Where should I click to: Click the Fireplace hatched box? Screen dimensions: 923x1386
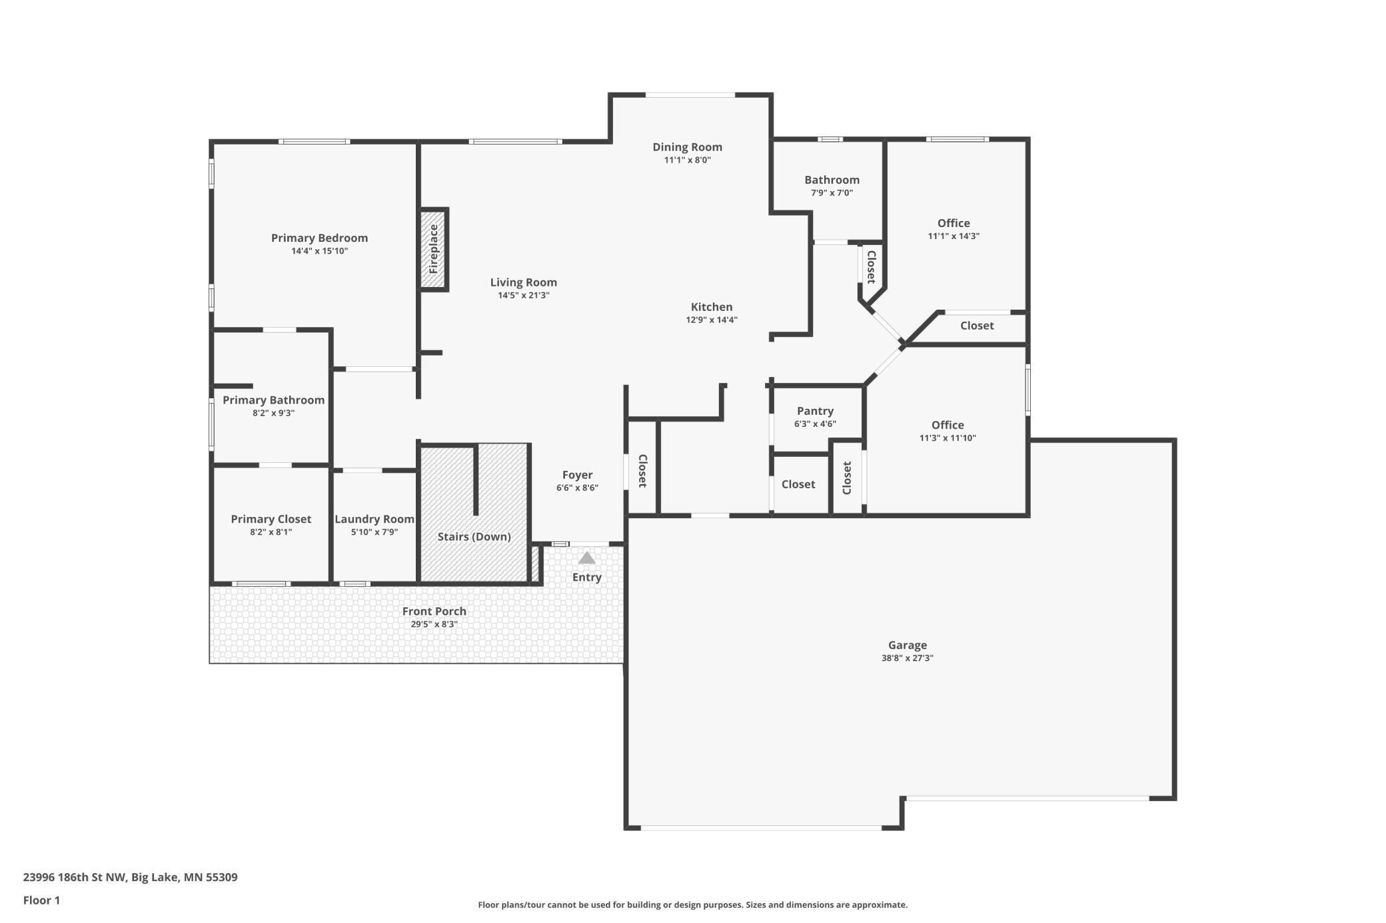(433, 249)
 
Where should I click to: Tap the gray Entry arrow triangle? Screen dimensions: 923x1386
(586, 558)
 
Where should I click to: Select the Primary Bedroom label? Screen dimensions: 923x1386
(319, 238)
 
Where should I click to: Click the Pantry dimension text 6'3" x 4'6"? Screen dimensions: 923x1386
(815, 424)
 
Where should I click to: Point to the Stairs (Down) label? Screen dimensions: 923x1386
(474, 537)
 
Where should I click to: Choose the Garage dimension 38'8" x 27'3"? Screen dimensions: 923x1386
(907, 658)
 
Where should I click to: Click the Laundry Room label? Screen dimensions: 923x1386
(374, 519)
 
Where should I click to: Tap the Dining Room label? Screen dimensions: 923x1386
(687, 147)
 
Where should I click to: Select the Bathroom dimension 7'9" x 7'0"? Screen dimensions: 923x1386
(832, 193)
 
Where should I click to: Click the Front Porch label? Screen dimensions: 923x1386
(434, 611)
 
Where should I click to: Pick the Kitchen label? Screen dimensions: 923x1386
(711, 307)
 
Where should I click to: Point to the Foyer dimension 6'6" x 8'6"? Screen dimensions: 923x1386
(577, 488)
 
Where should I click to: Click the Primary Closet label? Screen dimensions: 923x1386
(271, 519)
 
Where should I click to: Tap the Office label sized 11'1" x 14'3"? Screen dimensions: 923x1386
(954, 223)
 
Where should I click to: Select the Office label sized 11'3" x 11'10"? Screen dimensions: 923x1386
(948, 425)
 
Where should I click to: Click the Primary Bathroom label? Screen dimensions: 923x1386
(273, 400)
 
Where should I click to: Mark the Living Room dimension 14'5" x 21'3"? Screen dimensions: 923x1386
(523, 296)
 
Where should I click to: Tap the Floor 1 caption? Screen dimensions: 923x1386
(41, 900)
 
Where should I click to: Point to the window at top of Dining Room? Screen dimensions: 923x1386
(690, 95)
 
